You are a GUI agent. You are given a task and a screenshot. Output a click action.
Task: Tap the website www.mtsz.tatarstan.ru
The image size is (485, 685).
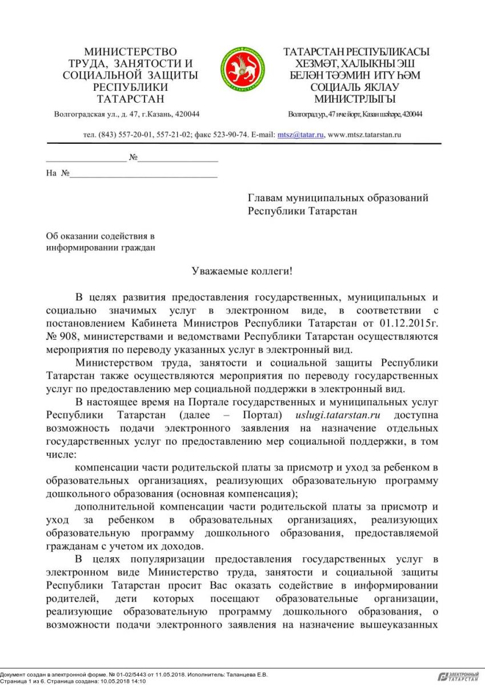(x=364, y=135)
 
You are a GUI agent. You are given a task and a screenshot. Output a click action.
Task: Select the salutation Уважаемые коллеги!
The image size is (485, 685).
(x=242, y=271)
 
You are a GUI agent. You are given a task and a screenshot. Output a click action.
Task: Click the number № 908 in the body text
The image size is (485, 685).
(x=61, y=337)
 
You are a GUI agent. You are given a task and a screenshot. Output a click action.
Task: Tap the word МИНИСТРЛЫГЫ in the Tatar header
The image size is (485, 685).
(x=355, y=99)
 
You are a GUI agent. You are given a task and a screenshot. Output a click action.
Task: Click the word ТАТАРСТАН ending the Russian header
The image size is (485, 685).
(x=130, y=99)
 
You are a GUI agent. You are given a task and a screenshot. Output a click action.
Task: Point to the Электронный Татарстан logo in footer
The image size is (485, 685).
(x=459, y=676)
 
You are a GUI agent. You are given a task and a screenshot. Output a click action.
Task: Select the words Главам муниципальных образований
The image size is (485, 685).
(x=338, y=198)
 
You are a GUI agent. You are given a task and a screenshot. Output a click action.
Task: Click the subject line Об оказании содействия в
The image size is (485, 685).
(x=101, y=235)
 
